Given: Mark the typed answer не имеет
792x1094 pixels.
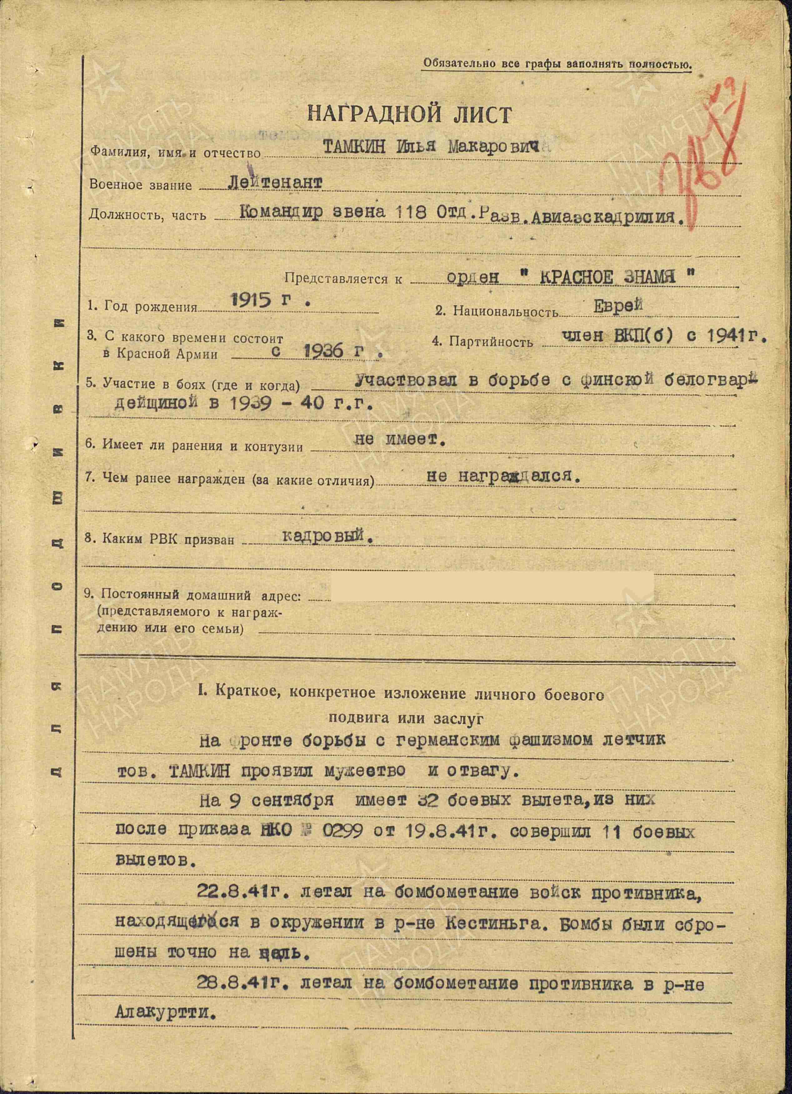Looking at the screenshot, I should [400, 439].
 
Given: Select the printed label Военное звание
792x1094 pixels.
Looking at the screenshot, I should [140, 185].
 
